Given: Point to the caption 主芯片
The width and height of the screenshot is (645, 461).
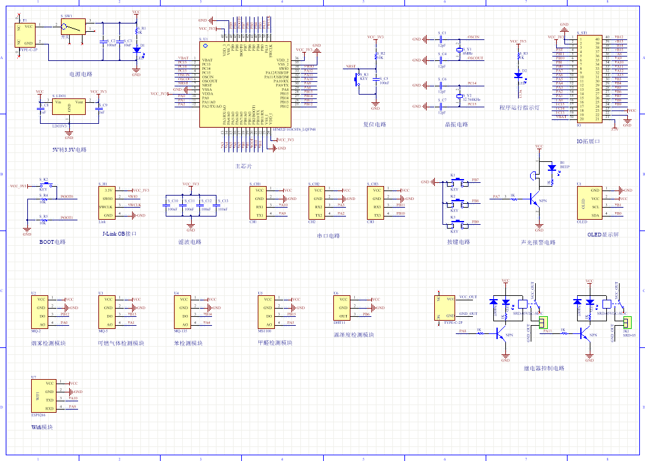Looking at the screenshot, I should click(244, 166).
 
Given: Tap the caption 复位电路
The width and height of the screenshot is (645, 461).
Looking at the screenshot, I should click(375, 124).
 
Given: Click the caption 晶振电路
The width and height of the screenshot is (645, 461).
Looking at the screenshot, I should click(456, 124).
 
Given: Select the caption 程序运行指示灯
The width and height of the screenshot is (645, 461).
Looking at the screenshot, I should click(519, 108).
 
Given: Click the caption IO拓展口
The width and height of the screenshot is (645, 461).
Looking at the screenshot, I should click(588, 142).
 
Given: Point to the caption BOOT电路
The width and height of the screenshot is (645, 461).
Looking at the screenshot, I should click(52, 242).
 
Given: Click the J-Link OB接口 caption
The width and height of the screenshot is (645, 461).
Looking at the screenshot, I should click(119, 234).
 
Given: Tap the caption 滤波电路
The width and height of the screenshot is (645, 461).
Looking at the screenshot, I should click(189, 242).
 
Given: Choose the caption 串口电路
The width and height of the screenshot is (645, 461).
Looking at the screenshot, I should click(328, 236).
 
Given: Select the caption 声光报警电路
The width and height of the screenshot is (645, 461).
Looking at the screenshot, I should click(538, 242).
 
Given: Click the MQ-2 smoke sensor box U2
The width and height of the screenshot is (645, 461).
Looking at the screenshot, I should click(41, 311).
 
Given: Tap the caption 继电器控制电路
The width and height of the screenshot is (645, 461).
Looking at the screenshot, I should click(543, 368).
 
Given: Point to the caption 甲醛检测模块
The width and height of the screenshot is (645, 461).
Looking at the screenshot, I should click(275, 343).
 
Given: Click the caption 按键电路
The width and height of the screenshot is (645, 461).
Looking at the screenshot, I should click(458, 242).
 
